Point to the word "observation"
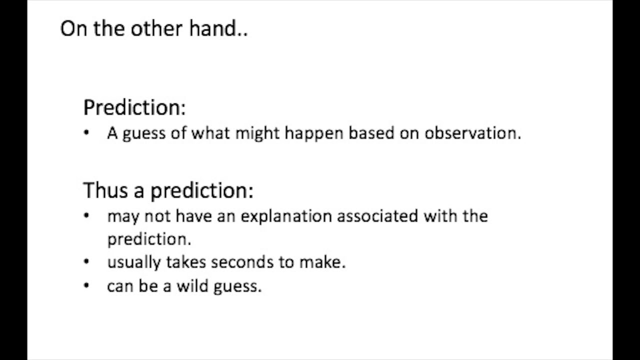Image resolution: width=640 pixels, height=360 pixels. click(x=472, y=133)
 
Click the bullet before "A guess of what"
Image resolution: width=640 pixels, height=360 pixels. click(x=87, y=133)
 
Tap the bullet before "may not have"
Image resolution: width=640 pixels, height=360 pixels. click(x=87, y=216)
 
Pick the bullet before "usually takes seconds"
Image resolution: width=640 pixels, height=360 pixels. click(x=87, y=261)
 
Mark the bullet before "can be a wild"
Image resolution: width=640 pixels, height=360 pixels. click(x=87, y=285)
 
